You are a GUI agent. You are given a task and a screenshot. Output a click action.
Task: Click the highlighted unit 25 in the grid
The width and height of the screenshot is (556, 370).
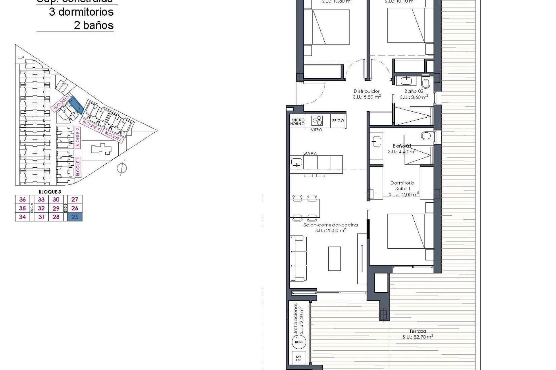75,217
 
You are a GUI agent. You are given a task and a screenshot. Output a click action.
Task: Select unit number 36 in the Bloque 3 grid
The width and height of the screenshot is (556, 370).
22,199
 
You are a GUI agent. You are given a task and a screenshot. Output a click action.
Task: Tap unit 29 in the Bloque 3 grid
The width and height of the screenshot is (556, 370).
56,208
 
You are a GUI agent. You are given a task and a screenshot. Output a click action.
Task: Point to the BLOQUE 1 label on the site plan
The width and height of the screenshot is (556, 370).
78,167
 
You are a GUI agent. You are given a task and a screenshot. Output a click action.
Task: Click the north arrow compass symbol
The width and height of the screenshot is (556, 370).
122,168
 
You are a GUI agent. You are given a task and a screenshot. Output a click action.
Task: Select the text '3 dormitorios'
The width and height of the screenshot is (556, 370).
81,12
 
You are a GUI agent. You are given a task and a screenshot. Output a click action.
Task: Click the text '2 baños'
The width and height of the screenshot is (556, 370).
94,25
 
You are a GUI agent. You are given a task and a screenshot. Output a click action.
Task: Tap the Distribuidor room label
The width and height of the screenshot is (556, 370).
367,91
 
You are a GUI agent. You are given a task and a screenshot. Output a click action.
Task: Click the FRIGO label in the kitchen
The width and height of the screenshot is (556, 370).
338,121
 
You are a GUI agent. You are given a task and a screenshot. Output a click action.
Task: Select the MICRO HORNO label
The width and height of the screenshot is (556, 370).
298,122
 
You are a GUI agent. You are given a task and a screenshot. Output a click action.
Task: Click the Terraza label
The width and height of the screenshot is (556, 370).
418,331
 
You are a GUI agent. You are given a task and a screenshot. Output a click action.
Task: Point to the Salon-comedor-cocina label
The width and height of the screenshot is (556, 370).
330,225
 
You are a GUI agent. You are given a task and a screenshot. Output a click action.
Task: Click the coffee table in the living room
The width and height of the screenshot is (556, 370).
334,258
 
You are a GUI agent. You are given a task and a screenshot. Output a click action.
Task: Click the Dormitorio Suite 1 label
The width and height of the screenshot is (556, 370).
402,186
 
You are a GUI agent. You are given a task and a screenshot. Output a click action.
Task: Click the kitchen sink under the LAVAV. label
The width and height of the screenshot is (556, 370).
297,162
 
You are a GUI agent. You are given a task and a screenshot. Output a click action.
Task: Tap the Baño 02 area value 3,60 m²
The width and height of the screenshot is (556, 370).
414,97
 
